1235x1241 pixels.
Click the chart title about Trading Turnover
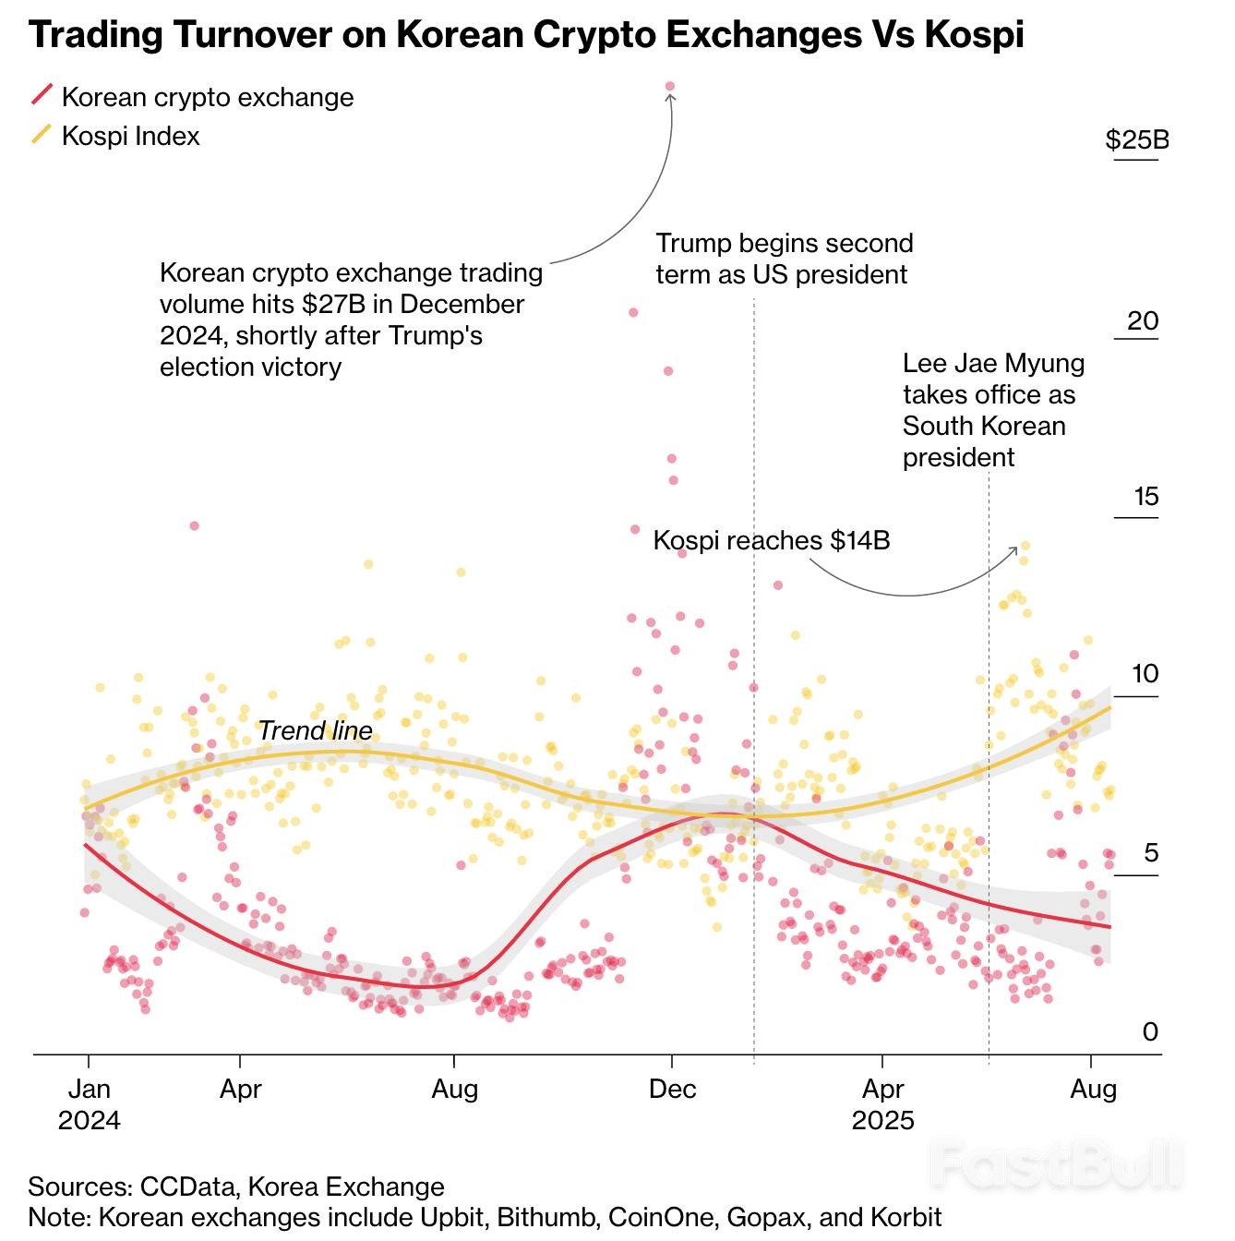pyautogui.click(x=526, y=35)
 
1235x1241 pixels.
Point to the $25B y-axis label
pyautogui.click(x=1136, y=139)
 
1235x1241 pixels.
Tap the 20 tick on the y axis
pyautogui.click(x=1142, y=320)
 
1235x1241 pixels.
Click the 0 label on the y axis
pyautogui.click(x=1149, y=1031)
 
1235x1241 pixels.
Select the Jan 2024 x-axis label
pyautogui.click(x=89, y=1104)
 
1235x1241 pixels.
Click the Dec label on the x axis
pyautogui.click(x=672, y=1089)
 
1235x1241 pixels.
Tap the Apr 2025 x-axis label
pyautogui.click(x=883, y=1104)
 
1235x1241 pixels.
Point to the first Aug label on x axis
pyautogui.click(x=454, y=1089)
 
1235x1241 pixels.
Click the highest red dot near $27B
pyautogui.click(x=670, y=87)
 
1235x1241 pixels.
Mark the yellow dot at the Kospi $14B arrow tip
pyautogui.click(x=1025, y=546)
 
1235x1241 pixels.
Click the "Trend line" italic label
pyautogui.click(x=315, y=730)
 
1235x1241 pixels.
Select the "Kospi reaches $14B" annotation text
pyautogui.click(x=771, y=540)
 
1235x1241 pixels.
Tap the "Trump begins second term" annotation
pyautogui.click(x=784, y=259)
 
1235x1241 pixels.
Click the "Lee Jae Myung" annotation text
pyautogui.click(x=992, y=410)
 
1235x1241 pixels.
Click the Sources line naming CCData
pyautogui.click(x=236, y=1187)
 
